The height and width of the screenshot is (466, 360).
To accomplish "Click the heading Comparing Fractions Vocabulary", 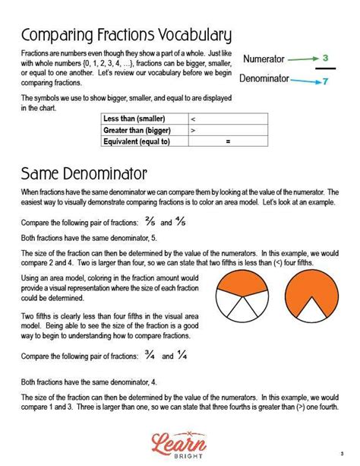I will pos(126,36).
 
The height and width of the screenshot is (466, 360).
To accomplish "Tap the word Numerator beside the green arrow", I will pos(264,59).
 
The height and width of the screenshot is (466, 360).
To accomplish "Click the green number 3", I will pos(325,58).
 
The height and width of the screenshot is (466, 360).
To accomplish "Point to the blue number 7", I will pos(325,81).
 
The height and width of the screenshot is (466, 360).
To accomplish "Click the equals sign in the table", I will pos(227,141).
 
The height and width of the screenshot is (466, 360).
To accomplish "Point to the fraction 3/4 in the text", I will pos(150,355).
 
